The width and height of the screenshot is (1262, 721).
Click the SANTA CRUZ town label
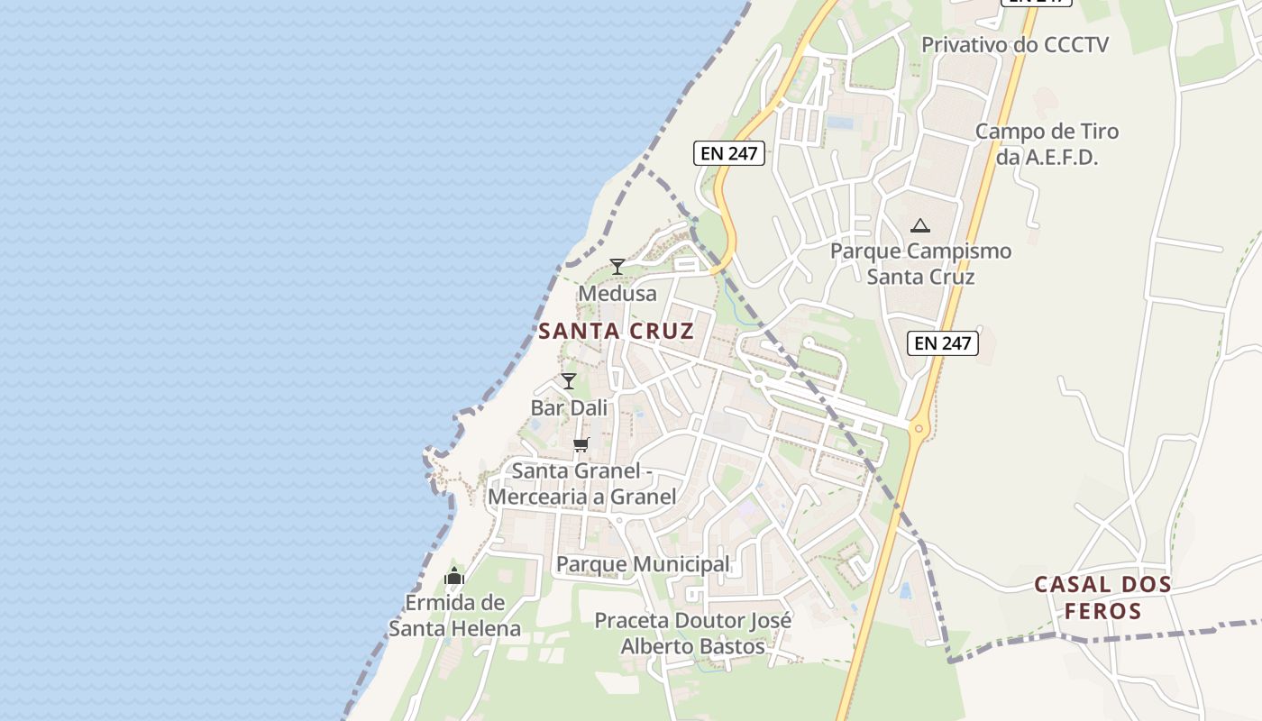tap(617, 331)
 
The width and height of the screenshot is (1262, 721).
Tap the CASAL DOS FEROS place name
tap(1102, 598)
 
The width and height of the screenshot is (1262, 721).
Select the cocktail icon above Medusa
tap(617, 266)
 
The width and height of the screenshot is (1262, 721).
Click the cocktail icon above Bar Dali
tap(569, 380)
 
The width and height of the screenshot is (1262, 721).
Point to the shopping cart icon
tap(581, 444)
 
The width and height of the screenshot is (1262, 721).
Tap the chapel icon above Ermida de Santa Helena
tap(454, 576)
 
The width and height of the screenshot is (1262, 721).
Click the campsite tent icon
tap(919, 225)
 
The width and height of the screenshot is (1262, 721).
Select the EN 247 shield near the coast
tap(729, 153)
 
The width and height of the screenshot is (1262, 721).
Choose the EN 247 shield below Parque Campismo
tap(943, 342)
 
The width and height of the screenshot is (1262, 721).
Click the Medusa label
tap(617, 294)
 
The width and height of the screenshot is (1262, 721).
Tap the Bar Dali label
tap(569, 407)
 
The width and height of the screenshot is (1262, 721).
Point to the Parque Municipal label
tap(643, 564)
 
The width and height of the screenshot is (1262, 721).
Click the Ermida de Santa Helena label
tap(454, 616)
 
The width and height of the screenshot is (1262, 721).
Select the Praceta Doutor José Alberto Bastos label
tap(693, 634)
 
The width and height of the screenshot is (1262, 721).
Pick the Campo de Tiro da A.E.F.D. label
tap(1047, 144)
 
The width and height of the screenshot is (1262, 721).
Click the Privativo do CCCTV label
tap(1015, 44)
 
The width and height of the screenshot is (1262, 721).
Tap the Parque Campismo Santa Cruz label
tap(920, 263)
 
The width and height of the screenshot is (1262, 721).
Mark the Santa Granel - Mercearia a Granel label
tap(582, 483)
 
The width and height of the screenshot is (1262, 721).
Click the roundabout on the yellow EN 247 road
tap(919, 428)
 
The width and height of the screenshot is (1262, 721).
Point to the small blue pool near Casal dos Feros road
tap(905, 591)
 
